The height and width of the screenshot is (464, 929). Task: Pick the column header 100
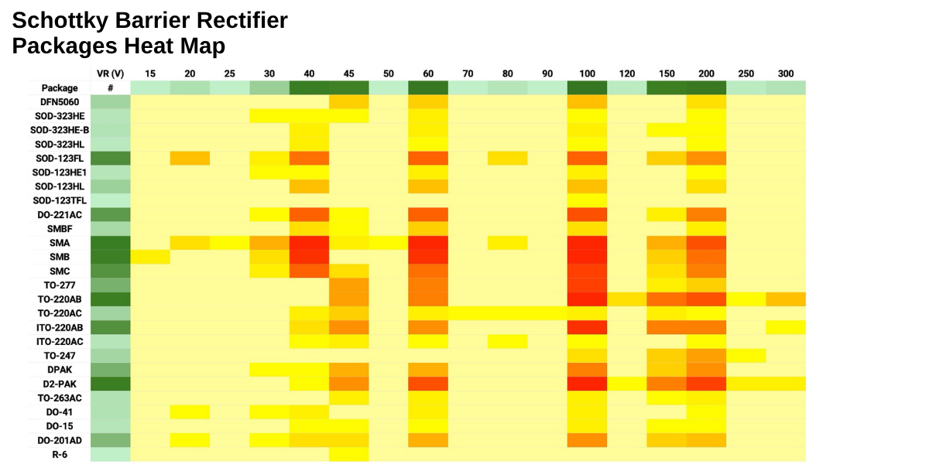tap(587, 74)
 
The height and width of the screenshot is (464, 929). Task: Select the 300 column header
tap(786, 74)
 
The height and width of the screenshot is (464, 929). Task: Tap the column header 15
tap(150, 74)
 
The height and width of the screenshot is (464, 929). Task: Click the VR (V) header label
tap(110, 74)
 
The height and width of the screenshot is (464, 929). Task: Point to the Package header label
tap(60, 88)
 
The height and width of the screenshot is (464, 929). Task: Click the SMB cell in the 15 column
tap(150, 257)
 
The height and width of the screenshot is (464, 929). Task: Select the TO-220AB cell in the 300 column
tap(786, 299)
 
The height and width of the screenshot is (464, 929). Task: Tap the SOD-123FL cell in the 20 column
tap(190, 159)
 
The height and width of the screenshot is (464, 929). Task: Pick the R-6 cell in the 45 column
tap(348, 454)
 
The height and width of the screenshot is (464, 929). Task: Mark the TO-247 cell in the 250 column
tap(746, 356)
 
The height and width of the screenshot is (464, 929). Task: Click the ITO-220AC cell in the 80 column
tap(507, 341)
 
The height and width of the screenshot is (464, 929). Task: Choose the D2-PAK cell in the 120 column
tap(626, 384)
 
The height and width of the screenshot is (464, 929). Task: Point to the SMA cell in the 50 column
tap(388, 243)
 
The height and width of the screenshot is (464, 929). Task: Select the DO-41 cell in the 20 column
tap(190, 411)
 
